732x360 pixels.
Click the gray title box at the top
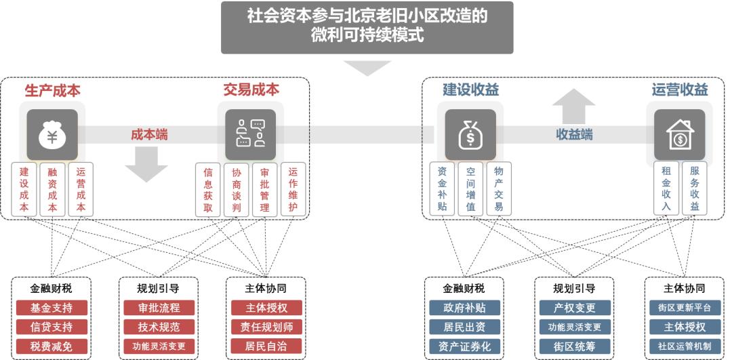pyautogui.click(x=367, y=26)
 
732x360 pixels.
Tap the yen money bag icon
pyautogui.click(x=52, y=135)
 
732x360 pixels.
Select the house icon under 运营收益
pyautogui.click(x=679, y=135)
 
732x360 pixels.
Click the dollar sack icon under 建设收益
pyautogui.click(x=470, y=135)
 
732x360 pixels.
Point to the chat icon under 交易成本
pyautogui.click(x=250, y=134)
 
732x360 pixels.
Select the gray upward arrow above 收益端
pyautogui.click(x=573, y=106)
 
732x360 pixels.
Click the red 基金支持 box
pyautogui.click(x=52, y=308)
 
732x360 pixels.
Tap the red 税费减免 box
pyautogui.click(x=52, y=346)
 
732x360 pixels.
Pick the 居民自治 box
pyautogui.click(x=265, y=346)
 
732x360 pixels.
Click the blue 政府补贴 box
pyautogui.click(x=464, y=308)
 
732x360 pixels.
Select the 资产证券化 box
pyautogui.click(x=464, y=346)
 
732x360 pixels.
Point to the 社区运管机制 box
pyautogui.click(x=685, y=346)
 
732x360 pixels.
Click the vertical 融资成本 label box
pyautogui.click(x=52, y=190)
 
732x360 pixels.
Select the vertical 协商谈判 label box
pyautogui.click(x=237, y=190)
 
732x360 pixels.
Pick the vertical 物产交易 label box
pyautogui.click(x=499, y=188)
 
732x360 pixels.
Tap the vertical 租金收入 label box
pyautogui.click(x=666, y=188)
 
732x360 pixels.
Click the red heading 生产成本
pyautogui.click(x=52, y=90)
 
